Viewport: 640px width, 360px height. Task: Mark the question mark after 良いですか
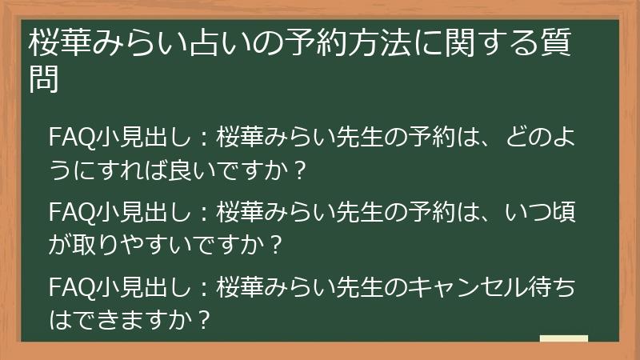pyautogui.click(x=301, y=170)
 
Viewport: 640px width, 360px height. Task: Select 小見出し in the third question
pyautogui.click(x=136, y=286)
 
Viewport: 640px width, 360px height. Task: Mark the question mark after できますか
pyautogui.click(x=203, y=319)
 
